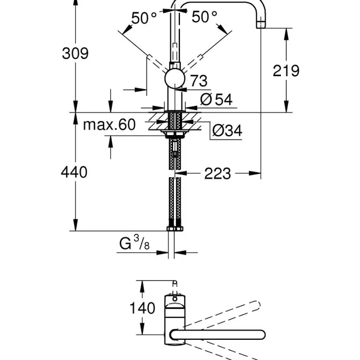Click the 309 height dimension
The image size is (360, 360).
coord(75,53)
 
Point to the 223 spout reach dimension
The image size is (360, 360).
coord(217,173)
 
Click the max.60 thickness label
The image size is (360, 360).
coord(109,124)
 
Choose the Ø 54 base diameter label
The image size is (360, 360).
coord(216,99)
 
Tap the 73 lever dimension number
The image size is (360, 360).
coord(198,81)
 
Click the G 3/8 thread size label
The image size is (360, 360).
coord(135,244)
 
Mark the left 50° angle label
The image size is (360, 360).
coord(144,18)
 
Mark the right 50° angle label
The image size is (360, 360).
coord(204,17)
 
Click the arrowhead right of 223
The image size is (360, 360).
coord(255,173)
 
